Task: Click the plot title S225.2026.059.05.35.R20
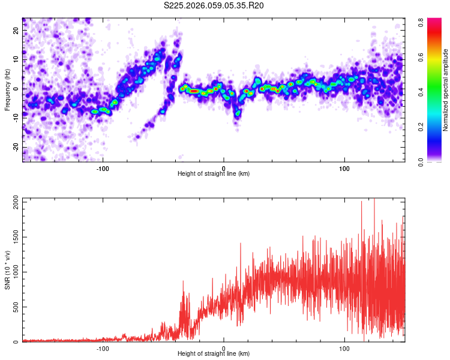tap(214, 5)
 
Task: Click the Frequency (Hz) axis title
tap(7, 89)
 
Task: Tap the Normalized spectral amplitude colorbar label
tap(446, 90)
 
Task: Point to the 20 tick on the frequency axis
tap(16, 30)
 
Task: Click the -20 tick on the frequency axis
tap(14, 148)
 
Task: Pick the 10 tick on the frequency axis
tap(16, 59)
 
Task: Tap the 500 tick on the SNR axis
tap(14, 307)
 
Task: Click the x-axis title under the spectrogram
tap(214, 174)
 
